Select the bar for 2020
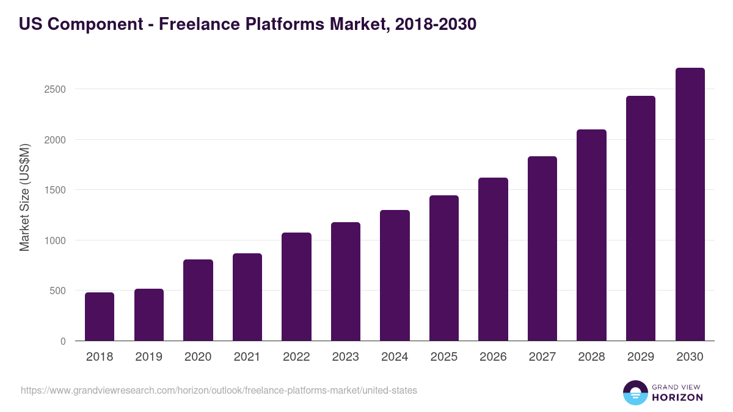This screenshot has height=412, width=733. pyautogui.click(x=198, y=300)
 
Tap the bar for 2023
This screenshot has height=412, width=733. pyautogui.click(x=346, y=281)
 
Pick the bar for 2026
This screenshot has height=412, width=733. pyautogui.click(x=493, y=259)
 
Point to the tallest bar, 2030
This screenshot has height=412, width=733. pyautogui.click(x=690, y=204)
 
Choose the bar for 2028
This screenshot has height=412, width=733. pyautogui.click(x=591, y=235)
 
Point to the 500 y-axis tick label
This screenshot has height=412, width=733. pyautogui.click(x=57, y=291)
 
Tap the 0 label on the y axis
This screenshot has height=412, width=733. pyautogui.click(x=63, y=341)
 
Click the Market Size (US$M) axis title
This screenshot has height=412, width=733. pyautogui.click(x=24, y=198)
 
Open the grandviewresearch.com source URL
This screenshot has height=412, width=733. pyautogui.click(x=219, y=390)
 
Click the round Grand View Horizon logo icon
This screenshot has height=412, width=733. pyautogui.click(x=635, y=393)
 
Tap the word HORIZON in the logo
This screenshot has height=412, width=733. pyautogui.click(x=677, y=397)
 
